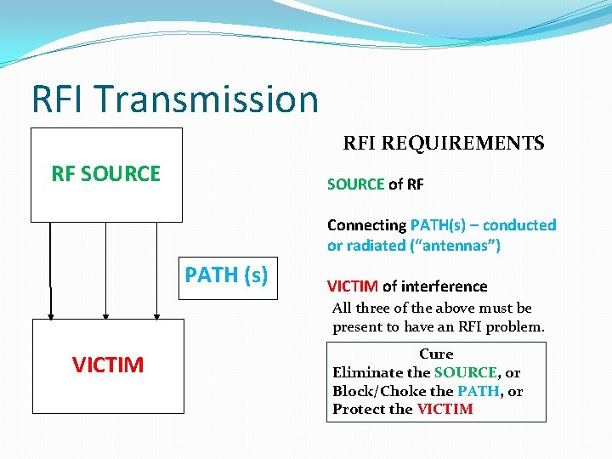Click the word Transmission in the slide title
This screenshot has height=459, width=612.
[x=206, y=99]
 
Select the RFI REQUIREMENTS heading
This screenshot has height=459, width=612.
[x=443, y=143]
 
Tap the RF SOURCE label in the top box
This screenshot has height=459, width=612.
[x=106, y=174]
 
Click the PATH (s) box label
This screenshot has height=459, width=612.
[x=226, y=275]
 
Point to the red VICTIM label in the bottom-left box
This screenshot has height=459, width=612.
[x=108, y=365]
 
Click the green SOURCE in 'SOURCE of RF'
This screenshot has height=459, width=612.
[x=355, y=184]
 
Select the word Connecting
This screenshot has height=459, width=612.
[x=366, y=225]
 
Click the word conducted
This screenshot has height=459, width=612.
[x=519, y=225]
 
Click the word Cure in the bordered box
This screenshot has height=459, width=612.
[x=436, y=354]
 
